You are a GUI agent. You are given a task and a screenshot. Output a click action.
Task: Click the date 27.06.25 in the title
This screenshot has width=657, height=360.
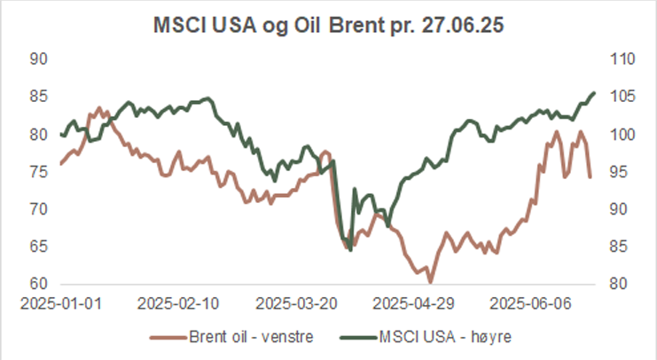point(467,25)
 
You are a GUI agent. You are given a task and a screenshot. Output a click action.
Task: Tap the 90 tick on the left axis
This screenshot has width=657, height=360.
point(39,59)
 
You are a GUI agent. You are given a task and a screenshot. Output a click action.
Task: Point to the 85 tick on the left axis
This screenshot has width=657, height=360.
point(39,98)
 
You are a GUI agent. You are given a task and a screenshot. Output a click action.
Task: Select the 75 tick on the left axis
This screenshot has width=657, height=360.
point(39,172)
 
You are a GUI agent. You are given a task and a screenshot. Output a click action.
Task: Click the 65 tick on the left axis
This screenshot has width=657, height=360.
point(39,247)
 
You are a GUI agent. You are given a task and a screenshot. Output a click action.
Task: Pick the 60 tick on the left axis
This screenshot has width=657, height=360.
point(39,285)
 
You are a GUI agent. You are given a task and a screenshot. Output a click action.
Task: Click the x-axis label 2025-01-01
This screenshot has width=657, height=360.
point(61,302)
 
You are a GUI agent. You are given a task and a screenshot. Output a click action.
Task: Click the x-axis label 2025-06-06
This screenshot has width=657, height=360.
point(528,302)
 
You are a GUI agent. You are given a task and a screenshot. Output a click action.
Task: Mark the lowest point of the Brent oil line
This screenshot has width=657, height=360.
point(430,283)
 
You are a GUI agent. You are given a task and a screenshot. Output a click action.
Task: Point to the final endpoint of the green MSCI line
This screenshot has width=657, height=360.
point(594,92)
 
